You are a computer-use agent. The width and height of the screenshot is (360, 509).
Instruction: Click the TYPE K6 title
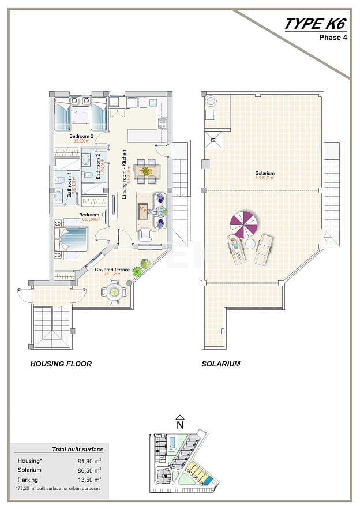click(317, 24)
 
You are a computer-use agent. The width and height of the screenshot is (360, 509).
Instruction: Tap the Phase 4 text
click(333, 38)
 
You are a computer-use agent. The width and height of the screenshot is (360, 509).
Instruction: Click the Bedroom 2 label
click(81, 137)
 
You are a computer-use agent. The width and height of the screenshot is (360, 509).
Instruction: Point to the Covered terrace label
click(112, 270)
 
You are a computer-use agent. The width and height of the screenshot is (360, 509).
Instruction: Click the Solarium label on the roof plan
click(265, 173)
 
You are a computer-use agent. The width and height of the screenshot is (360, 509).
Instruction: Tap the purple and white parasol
click(245, 223)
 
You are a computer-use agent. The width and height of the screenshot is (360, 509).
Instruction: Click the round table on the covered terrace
click(114, 291)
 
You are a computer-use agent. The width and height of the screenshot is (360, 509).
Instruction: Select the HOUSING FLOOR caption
click(61, 364)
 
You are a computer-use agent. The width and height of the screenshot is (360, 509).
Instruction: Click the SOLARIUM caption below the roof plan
click(221, 364)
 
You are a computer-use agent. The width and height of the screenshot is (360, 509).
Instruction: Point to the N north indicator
click(180, 424)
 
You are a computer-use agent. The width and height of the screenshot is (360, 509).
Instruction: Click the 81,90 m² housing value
click(90, 461)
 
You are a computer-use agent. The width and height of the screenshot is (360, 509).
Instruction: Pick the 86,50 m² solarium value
click(90, 470)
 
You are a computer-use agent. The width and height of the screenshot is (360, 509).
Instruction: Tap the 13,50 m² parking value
click(90, 480)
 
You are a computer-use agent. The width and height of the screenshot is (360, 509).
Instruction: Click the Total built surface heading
click(77, 449)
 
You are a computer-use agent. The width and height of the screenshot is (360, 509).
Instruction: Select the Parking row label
click(28, 480)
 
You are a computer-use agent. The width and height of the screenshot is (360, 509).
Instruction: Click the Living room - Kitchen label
click(124, 174)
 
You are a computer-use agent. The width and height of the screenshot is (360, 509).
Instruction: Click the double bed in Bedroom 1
click(71, 239)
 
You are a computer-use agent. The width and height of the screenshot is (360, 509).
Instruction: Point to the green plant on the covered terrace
click(137, 271)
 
